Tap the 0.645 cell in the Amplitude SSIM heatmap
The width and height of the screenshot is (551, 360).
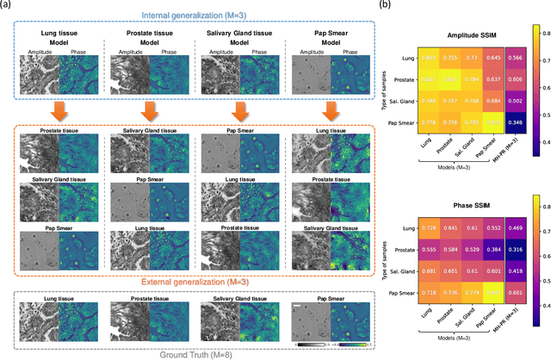pyautogui.click(x=490, y=58)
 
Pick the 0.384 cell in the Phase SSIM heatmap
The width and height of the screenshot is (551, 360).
pyautogui.click(x=490, y=274)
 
